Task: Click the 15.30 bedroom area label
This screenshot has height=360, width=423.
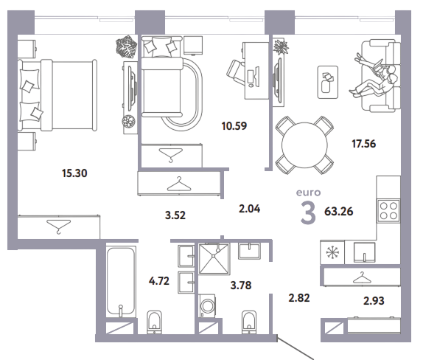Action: [74, 173]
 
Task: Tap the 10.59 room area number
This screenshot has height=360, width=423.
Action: [234, 126]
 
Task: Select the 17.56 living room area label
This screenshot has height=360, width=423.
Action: [363, 144]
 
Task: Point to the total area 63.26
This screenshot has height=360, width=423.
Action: [338, 211]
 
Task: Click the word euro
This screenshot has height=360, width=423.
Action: [308, 193]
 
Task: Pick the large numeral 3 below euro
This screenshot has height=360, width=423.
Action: [308, 213]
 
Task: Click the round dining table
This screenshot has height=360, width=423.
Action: [304, 145]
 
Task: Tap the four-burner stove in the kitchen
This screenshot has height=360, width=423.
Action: [388, 211]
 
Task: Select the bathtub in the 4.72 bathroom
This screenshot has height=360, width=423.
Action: [121, 280]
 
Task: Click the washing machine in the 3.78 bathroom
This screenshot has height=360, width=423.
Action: [207, 305]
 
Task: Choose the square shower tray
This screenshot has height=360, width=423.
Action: [214, 259]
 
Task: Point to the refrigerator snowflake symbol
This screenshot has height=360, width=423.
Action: [332, 252]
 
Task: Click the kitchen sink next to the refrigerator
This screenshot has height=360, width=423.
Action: [364, 252]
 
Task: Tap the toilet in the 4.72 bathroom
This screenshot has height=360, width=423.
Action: [154, 322]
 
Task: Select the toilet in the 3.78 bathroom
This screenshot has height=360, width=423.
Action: [249, 322]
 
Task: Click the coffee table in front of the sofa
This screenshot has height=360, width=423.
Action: [328, 82]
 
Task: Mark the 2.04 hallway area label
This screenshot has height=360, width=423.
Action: [250, 209]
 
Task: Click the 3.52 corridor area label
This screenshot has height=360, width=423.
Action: [175, 215]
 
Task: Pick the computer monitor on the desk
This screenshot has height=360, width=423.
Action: [256, 76]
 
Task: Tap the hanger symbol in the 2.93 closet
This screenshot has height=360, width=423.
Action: [362, 277]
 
